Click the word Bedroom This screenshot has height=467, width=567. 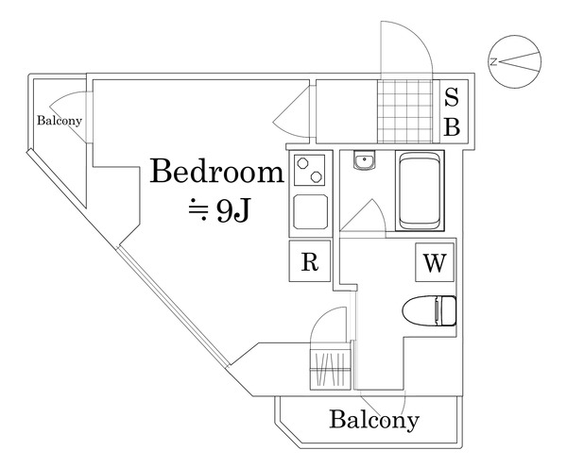click(x=217, y=171)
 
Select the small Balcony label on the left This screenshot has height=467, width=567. click(x=60, y=121)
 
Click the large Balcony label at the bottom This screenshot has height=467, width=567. click(x=374, y=420)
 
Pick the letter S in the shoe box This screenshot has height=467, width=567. click(x=452, y=97)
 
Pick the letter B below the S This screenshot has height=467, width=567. click(x=452, y=126)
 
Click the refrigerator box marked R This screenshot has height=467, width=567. click(x=310, y=261)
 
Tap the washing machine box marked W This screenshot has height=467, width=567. click(x=435, y=262)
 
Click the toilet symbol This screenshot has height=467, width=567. click(x=429, y=310)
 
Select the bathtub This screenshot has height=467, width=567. click(x=420, y=191)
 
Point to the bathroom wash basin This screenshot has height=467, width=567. click(x=365, y=159)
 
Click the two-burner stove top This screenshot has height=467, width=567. click(x=310, y=170)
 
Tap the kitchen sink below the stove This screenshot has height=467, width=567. click(x=311, y=211)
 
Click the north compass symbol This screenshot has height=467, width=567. click(x=515, y=61)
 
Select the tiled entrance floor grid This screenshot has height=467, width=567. click(x=405, y=111)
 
